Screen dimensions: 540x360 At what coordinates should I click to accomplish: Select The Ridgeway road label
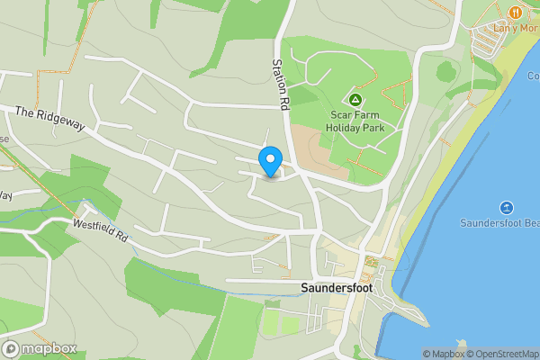49,119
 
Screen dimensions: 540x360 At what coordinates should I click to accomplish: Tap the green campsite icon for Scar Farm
355,99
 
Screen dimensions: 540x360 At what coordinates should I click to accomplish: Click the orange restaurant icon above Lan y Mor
515,13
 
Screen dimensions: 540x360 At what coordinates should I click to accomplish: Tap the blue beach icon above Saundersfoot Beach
506,207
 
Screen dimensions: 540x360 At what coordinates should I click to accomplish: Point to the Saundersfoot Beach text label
499,222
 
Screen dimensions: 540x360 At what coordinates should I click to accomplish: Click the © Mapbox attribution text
442,354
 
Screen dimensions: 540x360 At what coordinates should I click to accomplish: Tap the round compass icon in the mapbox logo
11,349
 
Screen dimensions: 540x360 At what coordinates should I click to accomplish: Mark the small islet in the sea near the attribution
462,344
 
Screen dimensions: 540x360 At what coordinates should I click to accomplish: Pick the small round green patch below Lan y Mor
445,71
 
